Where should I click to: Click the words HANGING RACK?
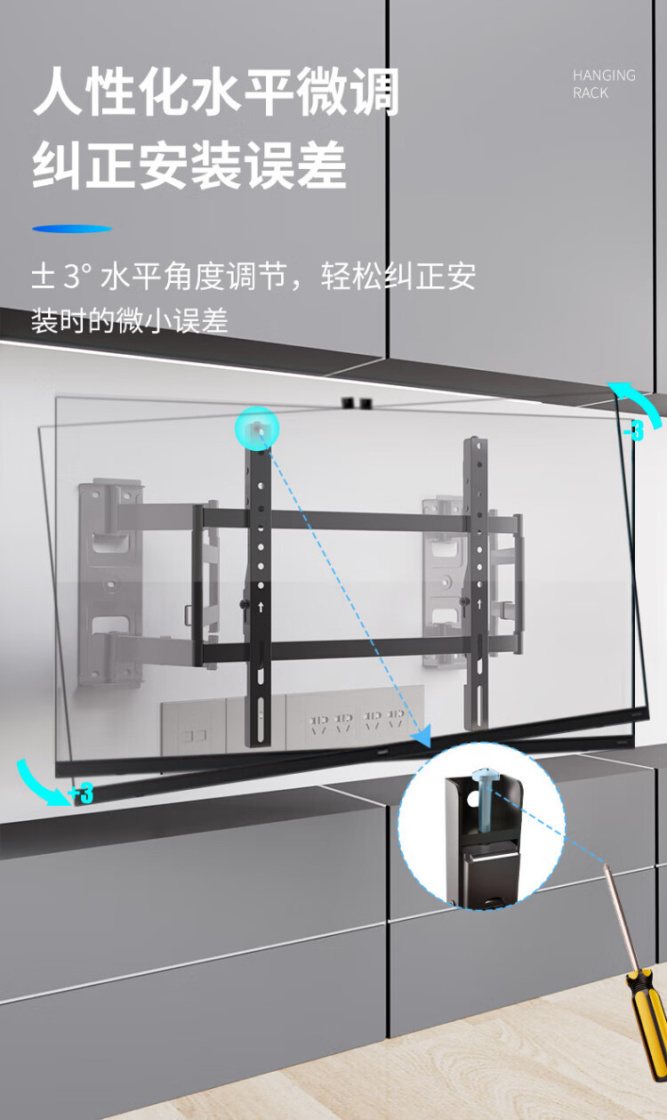click(x=604, y=84)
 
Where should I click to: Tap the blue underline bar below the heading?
click(x=72, y=229)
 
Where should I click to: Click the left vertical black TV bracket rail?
click(x=258, y=596)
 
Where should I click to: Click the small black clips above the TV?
click(x=352, y=403)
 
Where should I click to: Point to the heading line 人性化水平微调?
click(x=216, y=94)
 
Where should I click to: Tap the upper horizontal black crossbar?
click(x=356, y=520)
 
